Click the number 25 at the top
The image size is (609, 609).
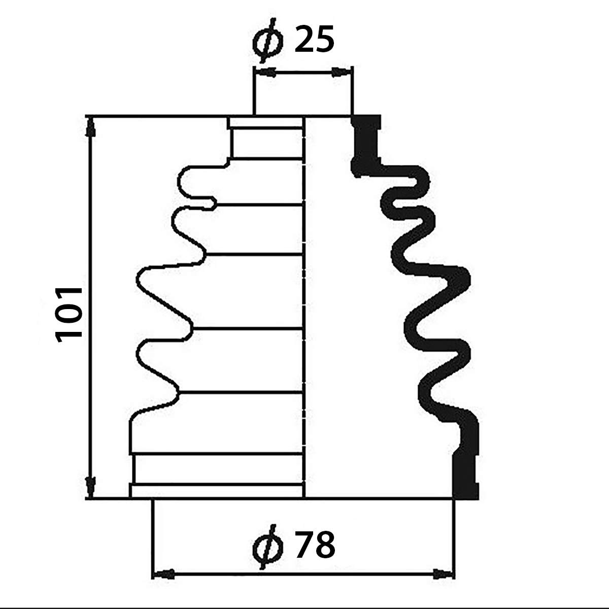314,40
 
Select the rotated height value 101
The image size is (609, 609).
69,315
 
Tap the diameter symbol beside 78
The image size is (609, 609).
268,546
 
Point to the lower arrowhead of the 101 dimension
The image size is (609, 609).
91,489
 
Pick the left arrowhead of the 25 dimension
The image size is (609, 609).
265,73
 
